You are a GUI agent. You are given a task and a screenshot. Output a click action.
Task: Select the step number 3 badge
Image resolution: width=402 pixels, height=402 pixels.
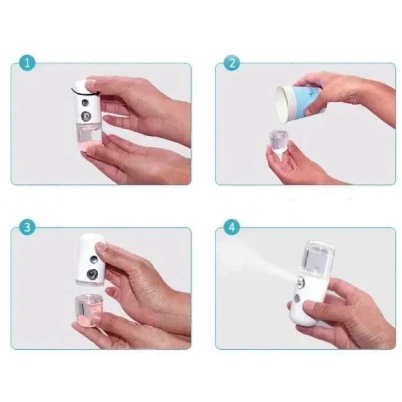(x=26, y=227)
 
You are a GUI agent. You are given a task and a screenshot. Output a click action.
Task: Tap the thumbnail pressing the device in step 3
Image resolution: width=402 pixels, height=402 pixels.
(x=102, y=248)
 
